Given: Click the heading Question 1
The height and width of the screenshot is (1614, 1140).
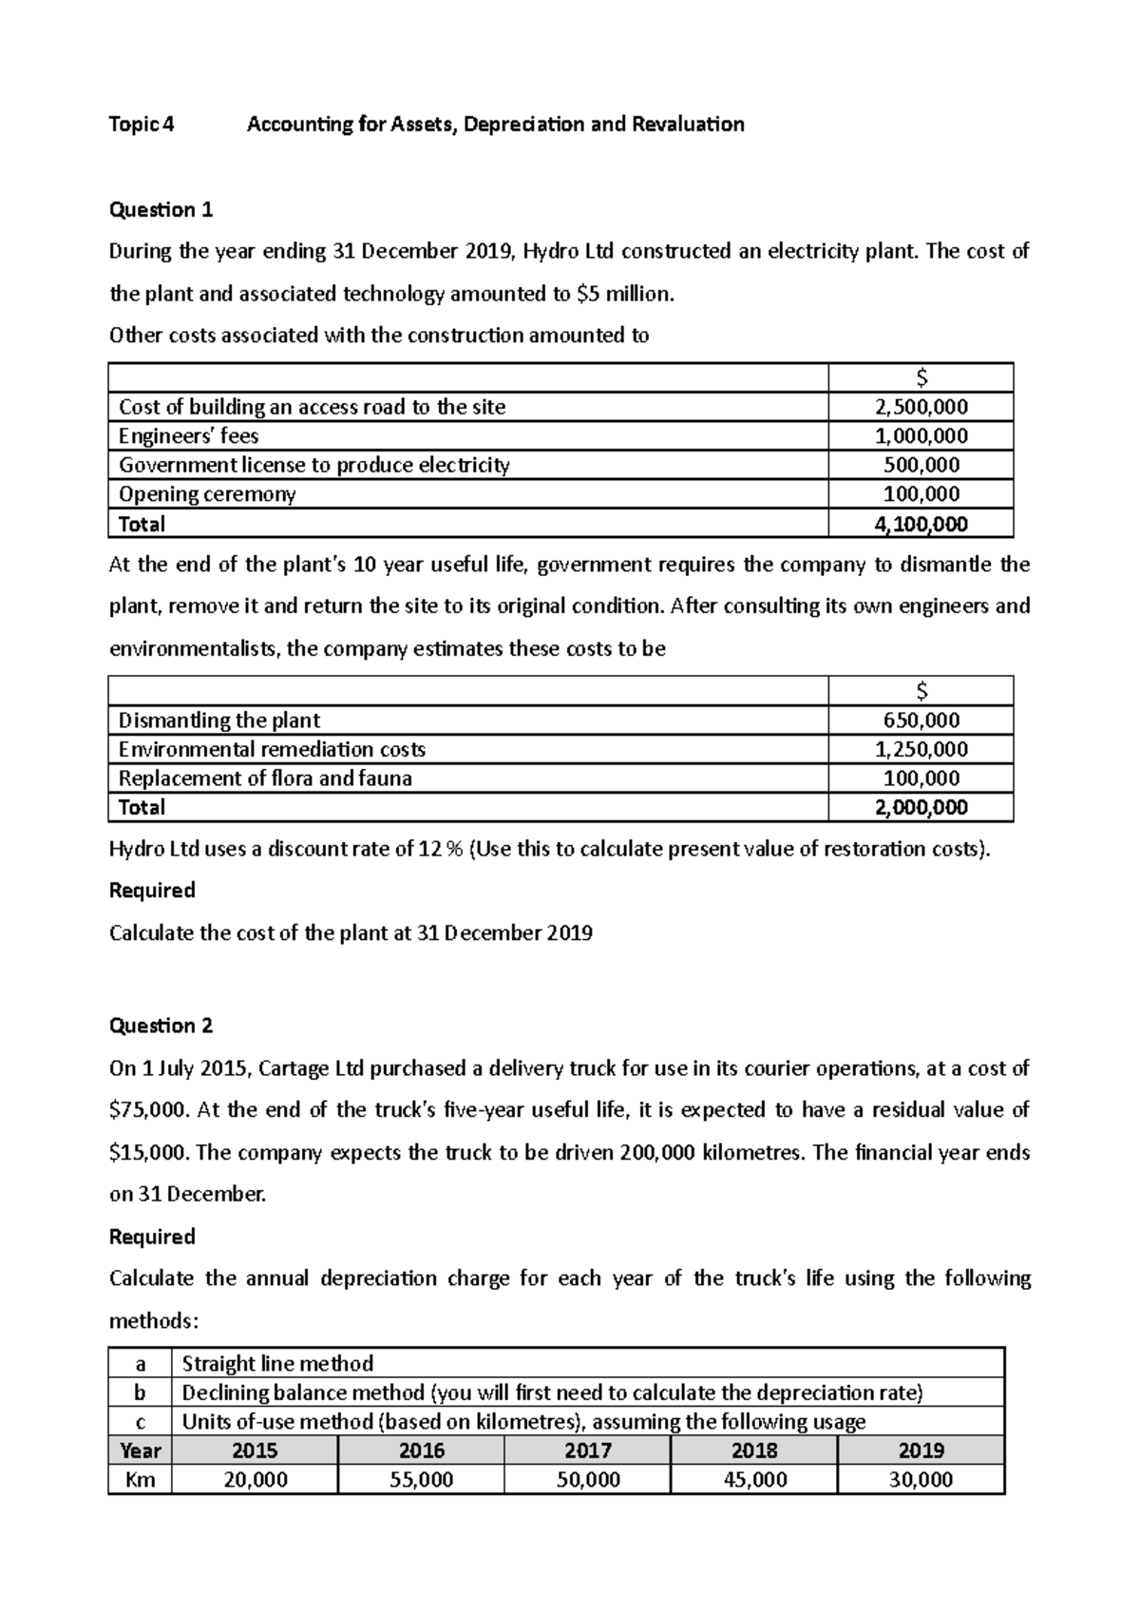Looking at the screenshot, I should [161, 209].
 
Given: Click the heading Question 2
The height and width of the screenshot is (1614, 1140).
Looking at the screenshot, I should [161, 1026].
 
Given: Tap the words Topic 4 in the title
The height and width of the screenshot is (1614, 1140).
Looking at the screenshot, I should [142, 125].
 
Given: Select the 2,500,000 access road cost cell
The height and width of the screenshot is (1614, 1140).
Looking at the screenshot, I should [921, 407].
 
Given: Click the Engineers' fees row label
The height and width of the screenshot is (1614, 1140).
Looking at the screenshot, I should [188, 436].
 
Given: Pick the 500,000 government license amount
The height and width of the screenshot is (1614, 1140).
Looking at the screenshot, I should [921, 465].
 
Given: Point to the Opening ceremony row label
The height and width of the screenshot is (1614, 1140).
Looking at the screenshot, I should [207, 494].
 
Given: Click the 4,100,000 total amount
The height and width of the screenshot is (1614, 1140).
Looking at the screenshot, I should [921, 524].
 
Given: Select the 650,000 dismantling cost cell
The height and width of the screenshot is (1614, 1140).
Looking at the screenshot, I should [921, 721].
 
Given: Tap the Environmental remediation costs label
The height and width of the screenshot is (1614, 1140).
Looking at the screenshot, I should [272, 749].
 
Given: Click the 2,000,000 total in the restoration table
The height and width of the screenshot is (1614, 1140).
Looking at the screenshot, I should [921, 808].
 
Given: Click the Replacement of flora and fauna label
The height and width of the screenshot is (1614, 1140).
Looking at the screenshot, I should [265, 778].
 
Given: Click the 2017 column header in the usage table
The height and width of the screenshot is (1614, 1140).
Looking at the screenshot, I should [588, 1451].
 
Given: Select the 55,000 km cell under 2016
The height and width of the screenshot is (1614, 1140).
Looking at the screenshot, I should [421, 1480].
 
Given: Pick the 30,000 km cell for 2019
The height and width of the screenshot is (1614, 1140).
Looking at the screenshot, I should [921, 1480].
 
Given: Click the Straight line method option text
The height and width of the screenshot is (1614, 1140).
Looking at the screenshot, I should [277, 1364].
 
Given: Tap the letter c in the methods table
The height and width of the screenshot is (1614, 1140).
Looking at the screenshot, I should [141, 1422].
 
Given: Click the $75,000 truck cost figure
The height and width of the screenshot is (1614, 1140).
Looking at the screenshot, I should [150, 1110].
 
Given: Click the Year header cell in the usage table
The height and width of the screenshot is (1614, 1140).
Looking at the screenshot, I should [141, 1451].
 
